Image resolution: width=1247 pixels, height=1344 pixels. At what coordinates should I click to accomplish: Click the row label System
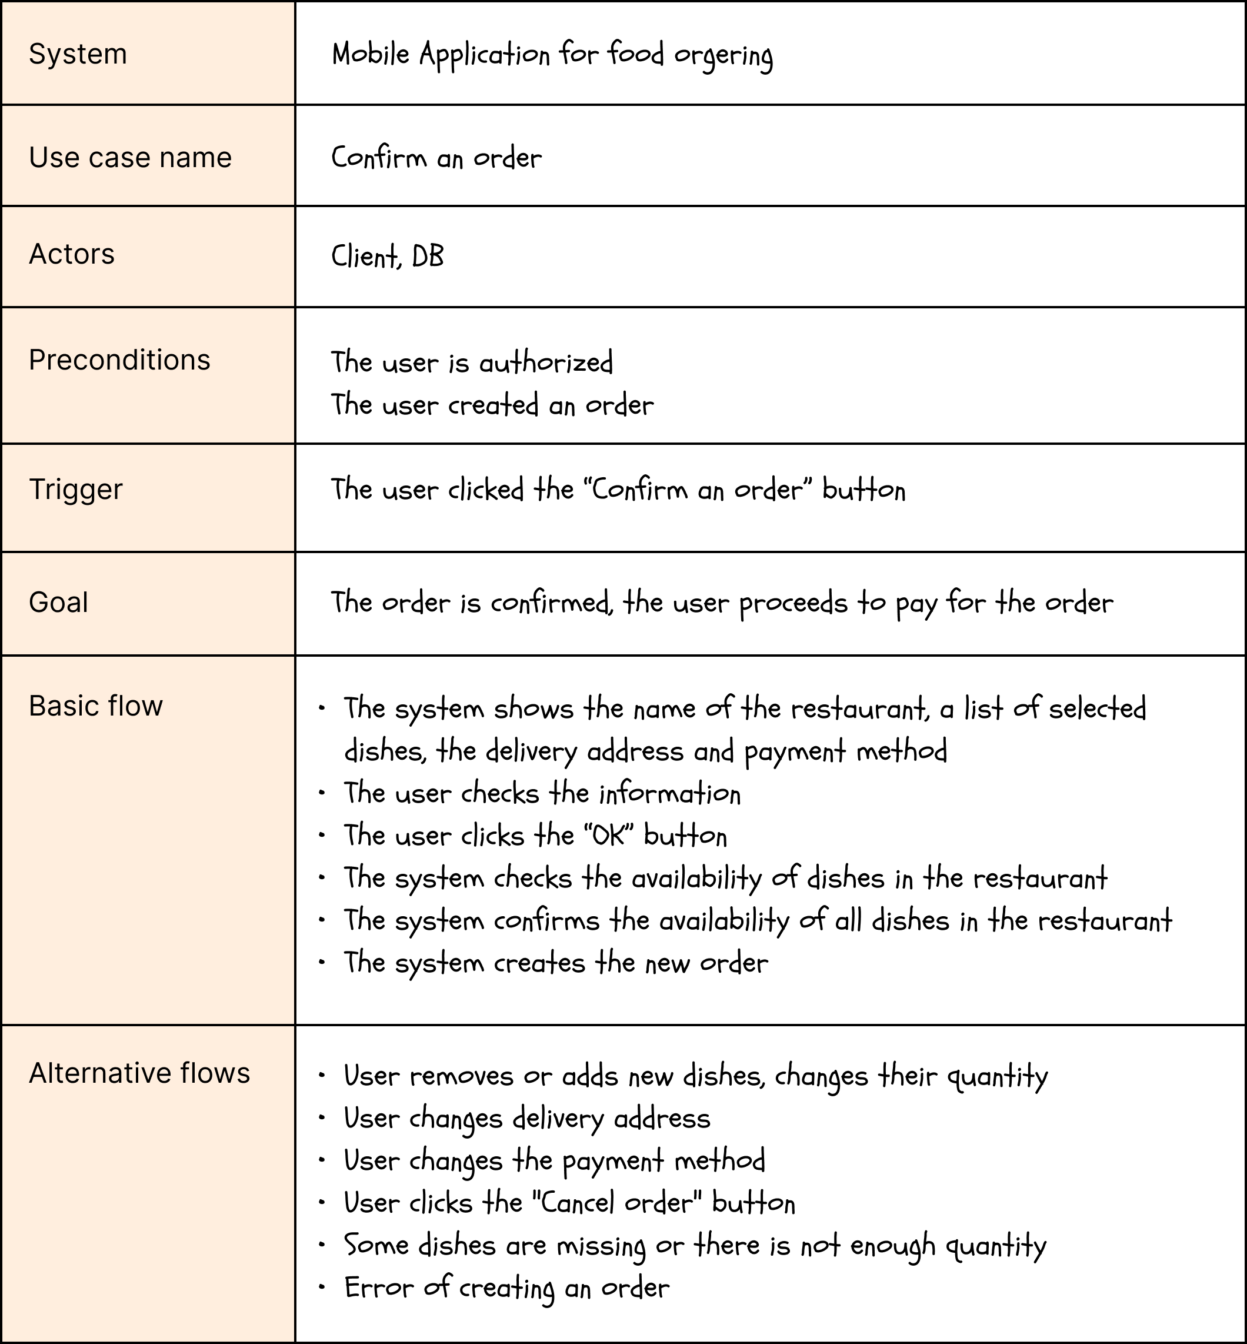click(x=78, y=54)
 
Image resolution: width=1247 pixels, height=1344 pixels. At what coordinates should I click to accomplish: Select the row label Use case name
click(x=130, y=157)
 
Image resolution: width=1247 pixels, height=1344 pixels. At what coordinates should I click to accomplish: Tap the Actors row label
click(x=72, y=254)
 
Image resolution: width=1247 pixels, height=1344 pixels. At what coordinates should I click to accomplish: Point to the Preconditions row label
click(x=119, y=360)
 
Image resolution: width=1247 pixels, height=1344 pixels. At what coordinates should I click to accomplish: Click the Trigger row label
click(x=75, y=489)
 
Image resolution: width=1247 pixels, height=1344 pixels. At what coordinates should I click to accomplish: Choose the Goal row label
click(x=58, y=602)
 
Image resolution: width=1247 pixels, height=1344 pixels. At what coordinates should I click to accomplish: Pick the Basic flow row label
click(x=96, y=706)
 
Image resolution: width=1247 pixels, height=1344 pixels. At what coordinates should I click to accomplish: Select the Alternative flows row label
click(x=139, y=1073)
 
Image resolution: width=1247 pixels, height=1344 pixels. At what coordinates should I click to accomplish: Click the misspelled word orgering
click(x=723, y=55)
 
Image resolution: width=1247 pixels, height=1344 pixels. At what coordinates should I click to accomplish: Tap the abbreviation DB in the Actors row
click(x=428, y=257)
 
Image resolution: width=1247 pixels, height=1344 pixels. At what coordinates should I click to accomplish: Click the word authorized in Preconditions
click(x=546, y=363)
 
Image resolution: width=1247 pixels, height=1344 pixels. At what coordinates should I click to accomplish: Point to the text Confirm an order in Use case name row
click(x=436, y=158)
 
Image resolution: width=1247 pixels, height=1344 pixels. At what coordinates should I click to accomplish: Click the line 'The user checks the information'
click(x=542, y=793)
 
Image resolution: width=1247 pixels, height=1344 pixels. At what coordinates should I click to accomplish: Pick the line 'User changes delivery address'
click(x=527, y=1119)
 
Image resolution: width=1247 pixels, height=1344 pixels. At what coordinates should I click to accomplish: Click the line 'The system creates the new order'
click(x=556, y=963)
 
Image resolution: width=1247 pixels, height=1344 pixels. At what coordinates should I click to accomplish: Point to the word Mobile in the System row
click(x=371, y=54)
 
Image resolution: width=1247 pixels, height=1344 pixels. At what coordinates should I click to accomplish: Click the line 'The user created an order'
click(x=492, y=405)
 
